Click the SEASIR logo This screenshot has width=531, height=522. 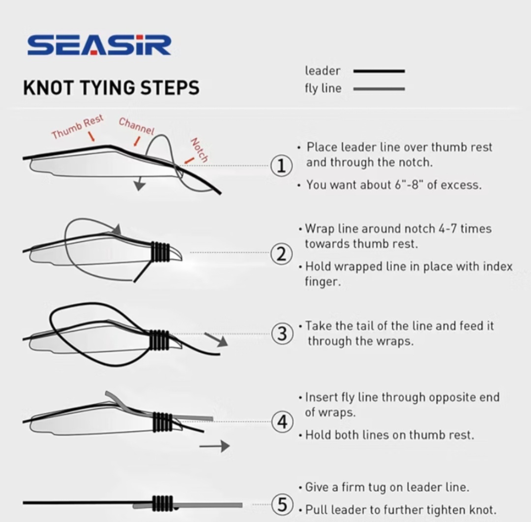pyautogui.click(x=99, y=45)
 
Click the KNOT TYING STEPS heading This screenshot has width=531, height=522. pyautogui.click(x=112, y=87)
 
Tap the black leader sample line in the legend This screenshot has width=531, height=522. pyautogui.click(x=379, y=71)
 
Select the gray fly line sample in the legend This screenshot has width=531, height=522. pyautogui.click(x=379, y=89)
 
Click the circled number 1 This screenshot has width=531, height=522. pyautogui.click(x=281, y=166)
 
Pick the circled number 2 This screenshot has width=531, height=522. pyautogui.click(x=281, y=254)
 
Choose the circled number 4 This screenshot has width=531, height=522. pyautogui.click(x=282, y=422)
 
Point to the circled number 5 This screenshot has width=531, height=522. pyautogui.click(x=282, y=504)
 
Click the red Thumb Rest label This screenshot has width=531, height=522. pyautogui.click(x=78, y=127)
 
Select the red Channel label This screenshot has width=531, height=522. pyautogui.click(x=137, y=126)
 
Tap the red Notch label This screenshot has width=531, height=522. pyautogui.click(x=199, y=150)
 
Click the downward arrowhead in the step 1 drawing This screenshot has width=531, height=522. pyautogui.click(x=139, y=185)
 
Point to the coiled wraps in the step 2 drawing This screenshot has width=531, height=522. pyautogui.click(x=160, y=252)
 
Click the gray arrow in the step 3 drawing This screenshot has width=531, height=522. pyautogui.click(x=216, y=340)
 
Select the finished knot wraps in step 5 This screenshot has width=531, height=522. pyautogui.click(x=163, y=503)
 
